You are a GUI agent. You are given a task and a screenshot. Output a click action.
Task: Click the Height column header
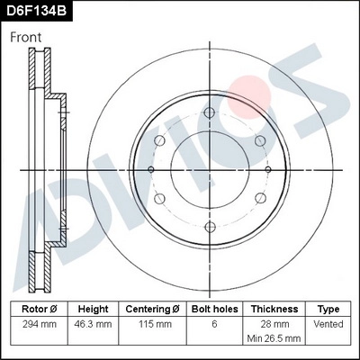(x=94, y=309)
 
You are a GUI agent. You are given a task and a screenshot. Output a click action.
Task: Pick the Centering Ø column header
(x=152, y=309)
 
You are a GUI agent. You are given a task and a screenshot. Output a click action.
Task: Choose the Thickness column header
(x=274, y=309)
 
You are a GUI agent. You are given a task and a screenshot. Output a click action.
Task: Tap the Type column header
(x=329, y=309)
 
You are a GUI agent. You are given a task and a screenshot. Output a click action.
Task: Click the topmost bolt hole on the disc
(x=209, y=112)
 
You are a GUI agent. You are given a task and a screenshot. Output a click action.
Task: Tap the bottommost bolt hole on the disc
(x=209, y=227)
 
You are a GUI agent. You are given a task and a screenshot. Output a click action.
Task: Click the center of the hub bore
(x=209, y=169)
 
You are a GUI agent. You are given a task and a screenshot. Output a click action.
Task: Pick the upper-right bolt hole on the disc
(x=258, y=141)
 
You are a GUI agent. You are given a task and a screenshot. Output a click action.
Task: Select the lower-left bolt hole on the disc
(x=159, y=198)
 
